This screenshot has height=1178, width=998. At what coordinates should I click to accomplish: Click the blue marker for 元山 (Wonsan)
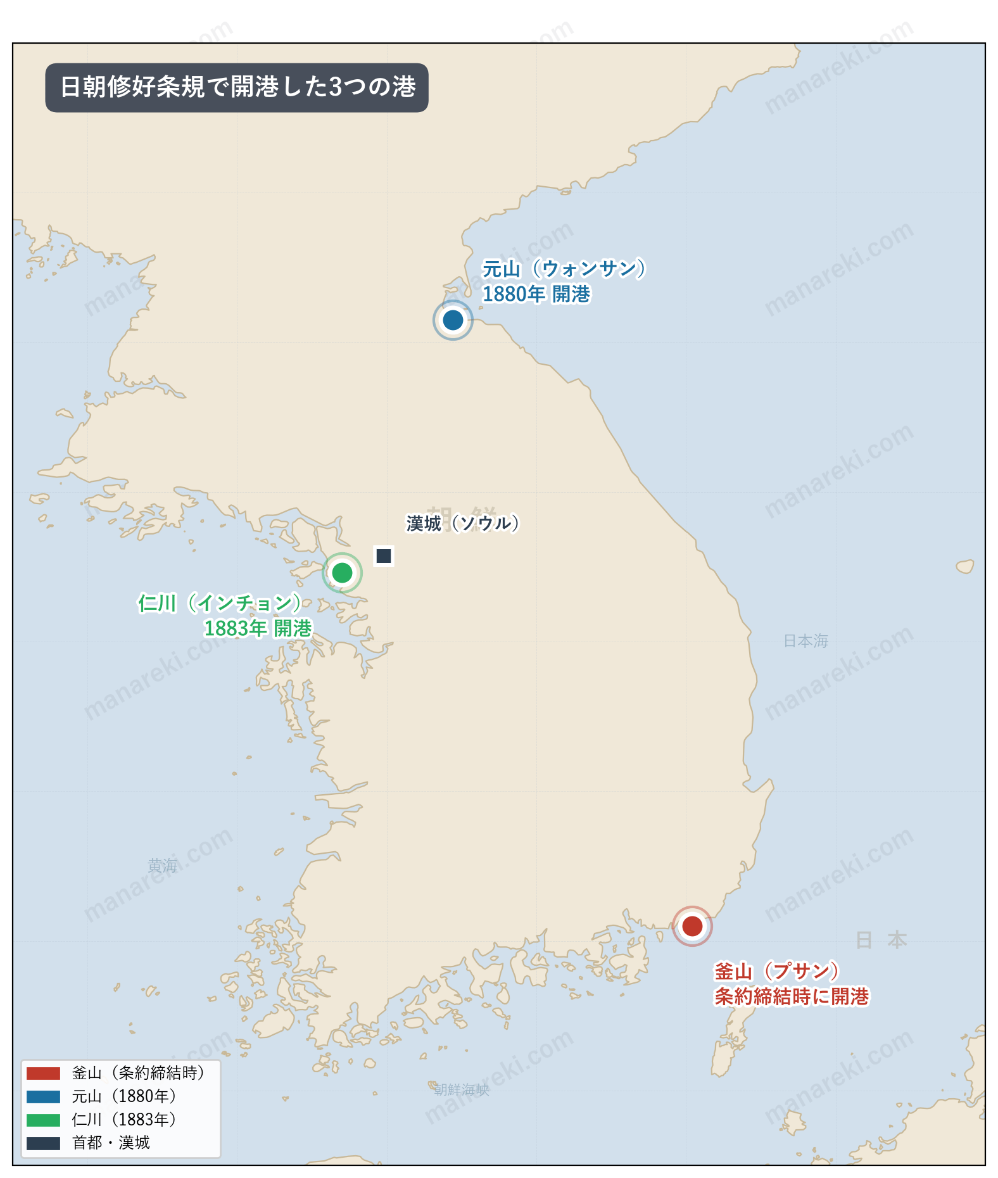click(x=453, y=320)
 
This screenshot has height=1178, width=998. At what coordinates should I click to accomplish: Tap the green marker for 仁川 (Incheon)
click(x=342, y=573)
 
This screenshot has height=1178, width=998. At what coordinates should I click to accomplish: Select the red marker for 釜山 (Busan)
click(x=692, y=926)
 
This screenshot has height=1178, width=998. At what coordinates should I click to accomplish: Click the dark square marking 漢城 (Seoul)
click(x=384, y=555)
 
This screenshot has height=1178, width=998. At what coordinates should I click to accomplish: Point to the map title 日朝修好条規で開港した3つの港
click(x=237, y=87)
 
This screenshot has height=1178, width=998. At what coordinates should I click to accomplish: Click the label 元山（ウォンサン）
click(x=564, y=269)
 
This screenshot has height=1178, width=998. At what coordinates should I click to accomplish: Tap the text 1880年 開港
click(x=536, y=294)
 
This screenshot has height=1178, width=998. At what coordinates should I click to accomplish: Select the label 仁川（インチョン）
click(x=219, y=602)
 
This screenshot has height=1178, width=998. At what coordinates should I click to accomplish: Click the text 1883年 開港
click(x=258, y=628)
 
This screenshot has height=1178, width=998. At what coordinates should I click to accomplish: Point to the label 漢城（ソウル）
click(x=462, y=523)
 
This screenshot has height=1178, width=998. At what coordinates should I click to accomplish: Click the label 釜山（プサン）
click(x=776, y=971)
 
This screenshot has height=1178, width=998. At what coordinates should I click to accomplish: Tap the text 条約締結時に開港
click(x=792, y=996)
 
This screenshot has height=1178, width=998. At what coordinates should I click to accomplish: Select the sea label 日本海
click(x=805, y=641)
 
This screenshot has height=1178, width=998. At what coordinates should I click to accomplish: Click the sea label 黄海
click(x=162, y=865)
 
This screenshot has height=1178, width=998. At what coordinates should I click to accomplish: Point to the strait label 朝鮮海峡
click(x=462, y=1089)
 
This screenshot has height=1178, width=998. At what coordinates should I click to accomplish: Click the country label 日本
click(x=881, y=940)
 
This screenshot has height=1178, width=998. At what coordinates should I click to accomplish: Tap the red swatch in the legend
click(x=43, y=1073)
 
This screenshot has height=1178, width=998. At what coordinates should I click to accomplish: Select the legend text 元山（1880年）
click(x=124, y=1096)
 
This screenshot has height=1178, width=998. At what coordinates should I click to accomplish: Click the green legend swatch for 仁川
click(x=43, y=1120)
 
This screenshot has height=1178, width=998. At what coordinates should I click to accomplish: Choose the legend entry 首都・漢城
click(x=111, y=1143)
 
